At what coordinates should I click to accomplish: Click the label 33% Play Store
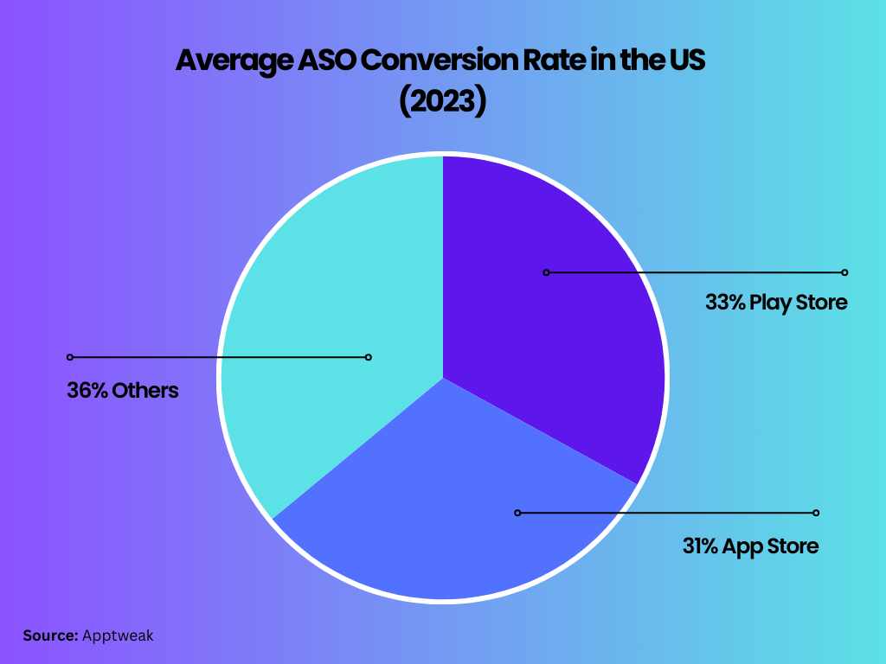(x=775, y=303)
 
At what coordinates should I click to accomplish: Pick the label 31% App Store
(x=749, y=546)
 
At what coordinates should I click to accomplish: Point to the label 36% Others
(x=122, y=391)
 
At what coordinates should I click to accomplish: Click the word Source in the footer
(x=50, y=635)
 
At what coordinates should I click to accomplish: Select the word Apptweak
(x=118, y=636)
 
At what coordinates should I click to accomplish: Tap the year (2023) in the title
(x=442, y=101)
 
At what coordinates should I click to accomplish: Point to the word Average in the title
(x=229, y=61)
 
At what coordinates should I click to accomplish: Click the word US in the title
(x=689, y=61)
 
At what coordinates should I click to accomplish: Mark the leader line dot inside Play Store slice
(x=546, y=272)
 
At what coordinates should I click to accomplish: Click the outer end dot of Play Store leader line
(x=844, y=272)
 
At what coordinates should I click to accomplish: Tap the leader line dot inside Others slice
(x=368, y=357)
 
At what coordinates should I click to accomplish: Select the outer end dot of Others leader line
(x=70, y=357)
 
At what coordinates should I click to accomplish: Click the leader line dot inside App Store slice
(x=517, y=513)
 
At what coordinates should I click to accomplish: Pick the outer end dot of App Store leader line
(x=816, y=513)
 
